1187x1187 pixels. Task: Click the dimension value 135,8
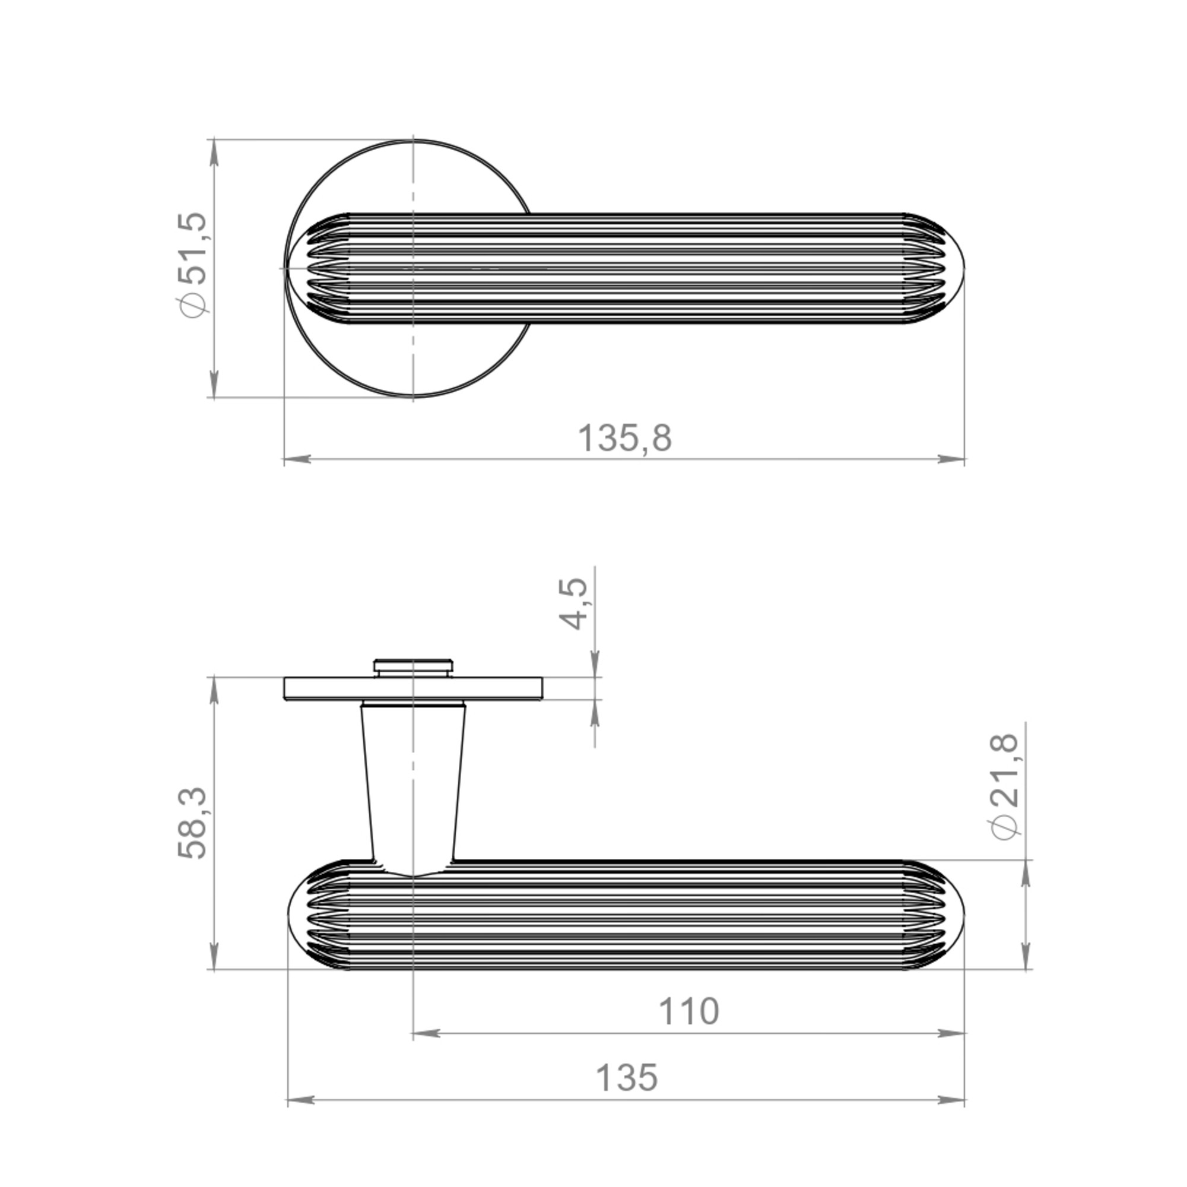(x=625, y=439)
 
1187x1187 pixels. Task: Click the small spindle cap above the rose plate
(x=413, y=668)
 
